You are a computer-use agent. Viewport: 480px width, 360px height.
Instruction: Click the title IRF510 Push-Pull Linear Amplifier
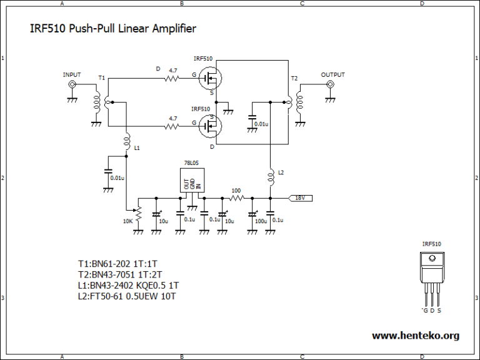tap(113, 29)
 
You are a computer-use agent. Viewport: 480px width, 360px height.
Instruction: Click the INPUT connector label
tap(72, 75)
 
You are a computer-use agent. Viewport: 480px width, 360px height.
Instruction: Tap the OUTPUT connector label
tap(332, 75)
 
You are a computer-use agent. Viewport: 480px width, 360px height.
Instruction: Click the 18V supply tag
tap(301, 198)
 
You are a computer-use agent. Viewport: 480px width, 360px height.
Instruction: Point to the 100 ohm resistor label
tap(236, 191)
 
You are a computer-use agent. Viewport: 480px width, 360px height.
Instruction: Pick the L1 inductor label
tap(137, 148)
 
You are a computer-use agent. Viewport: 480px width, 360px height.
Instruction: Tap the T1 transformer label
tap(101, 78)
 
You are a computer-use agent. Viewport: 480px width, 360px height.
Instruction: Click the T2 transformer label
tap(295, 78)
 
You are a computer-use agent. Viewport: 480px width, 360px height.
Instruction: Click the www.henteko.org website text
tap(415, 336)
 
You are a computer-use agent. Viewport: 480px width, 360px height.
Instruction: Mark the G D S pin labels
tap(432, 310)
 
